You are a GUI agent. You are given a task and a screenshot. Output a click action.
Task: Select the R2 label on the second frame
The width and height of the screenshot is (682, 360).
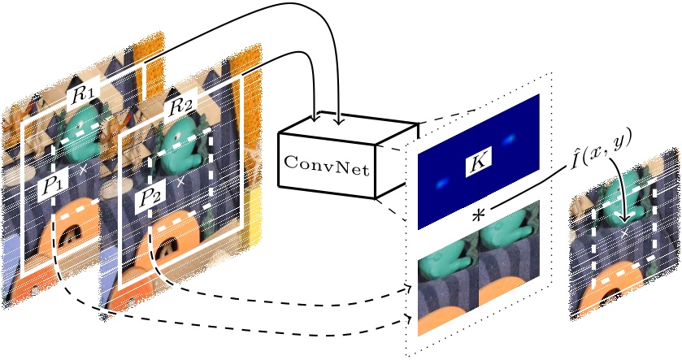pyautogui.click(x=180, y=106)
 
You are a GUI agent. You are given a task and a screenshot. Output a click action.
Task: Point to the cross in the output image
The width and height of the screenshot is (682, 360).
pyautogui.click(x=624, y=234)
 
